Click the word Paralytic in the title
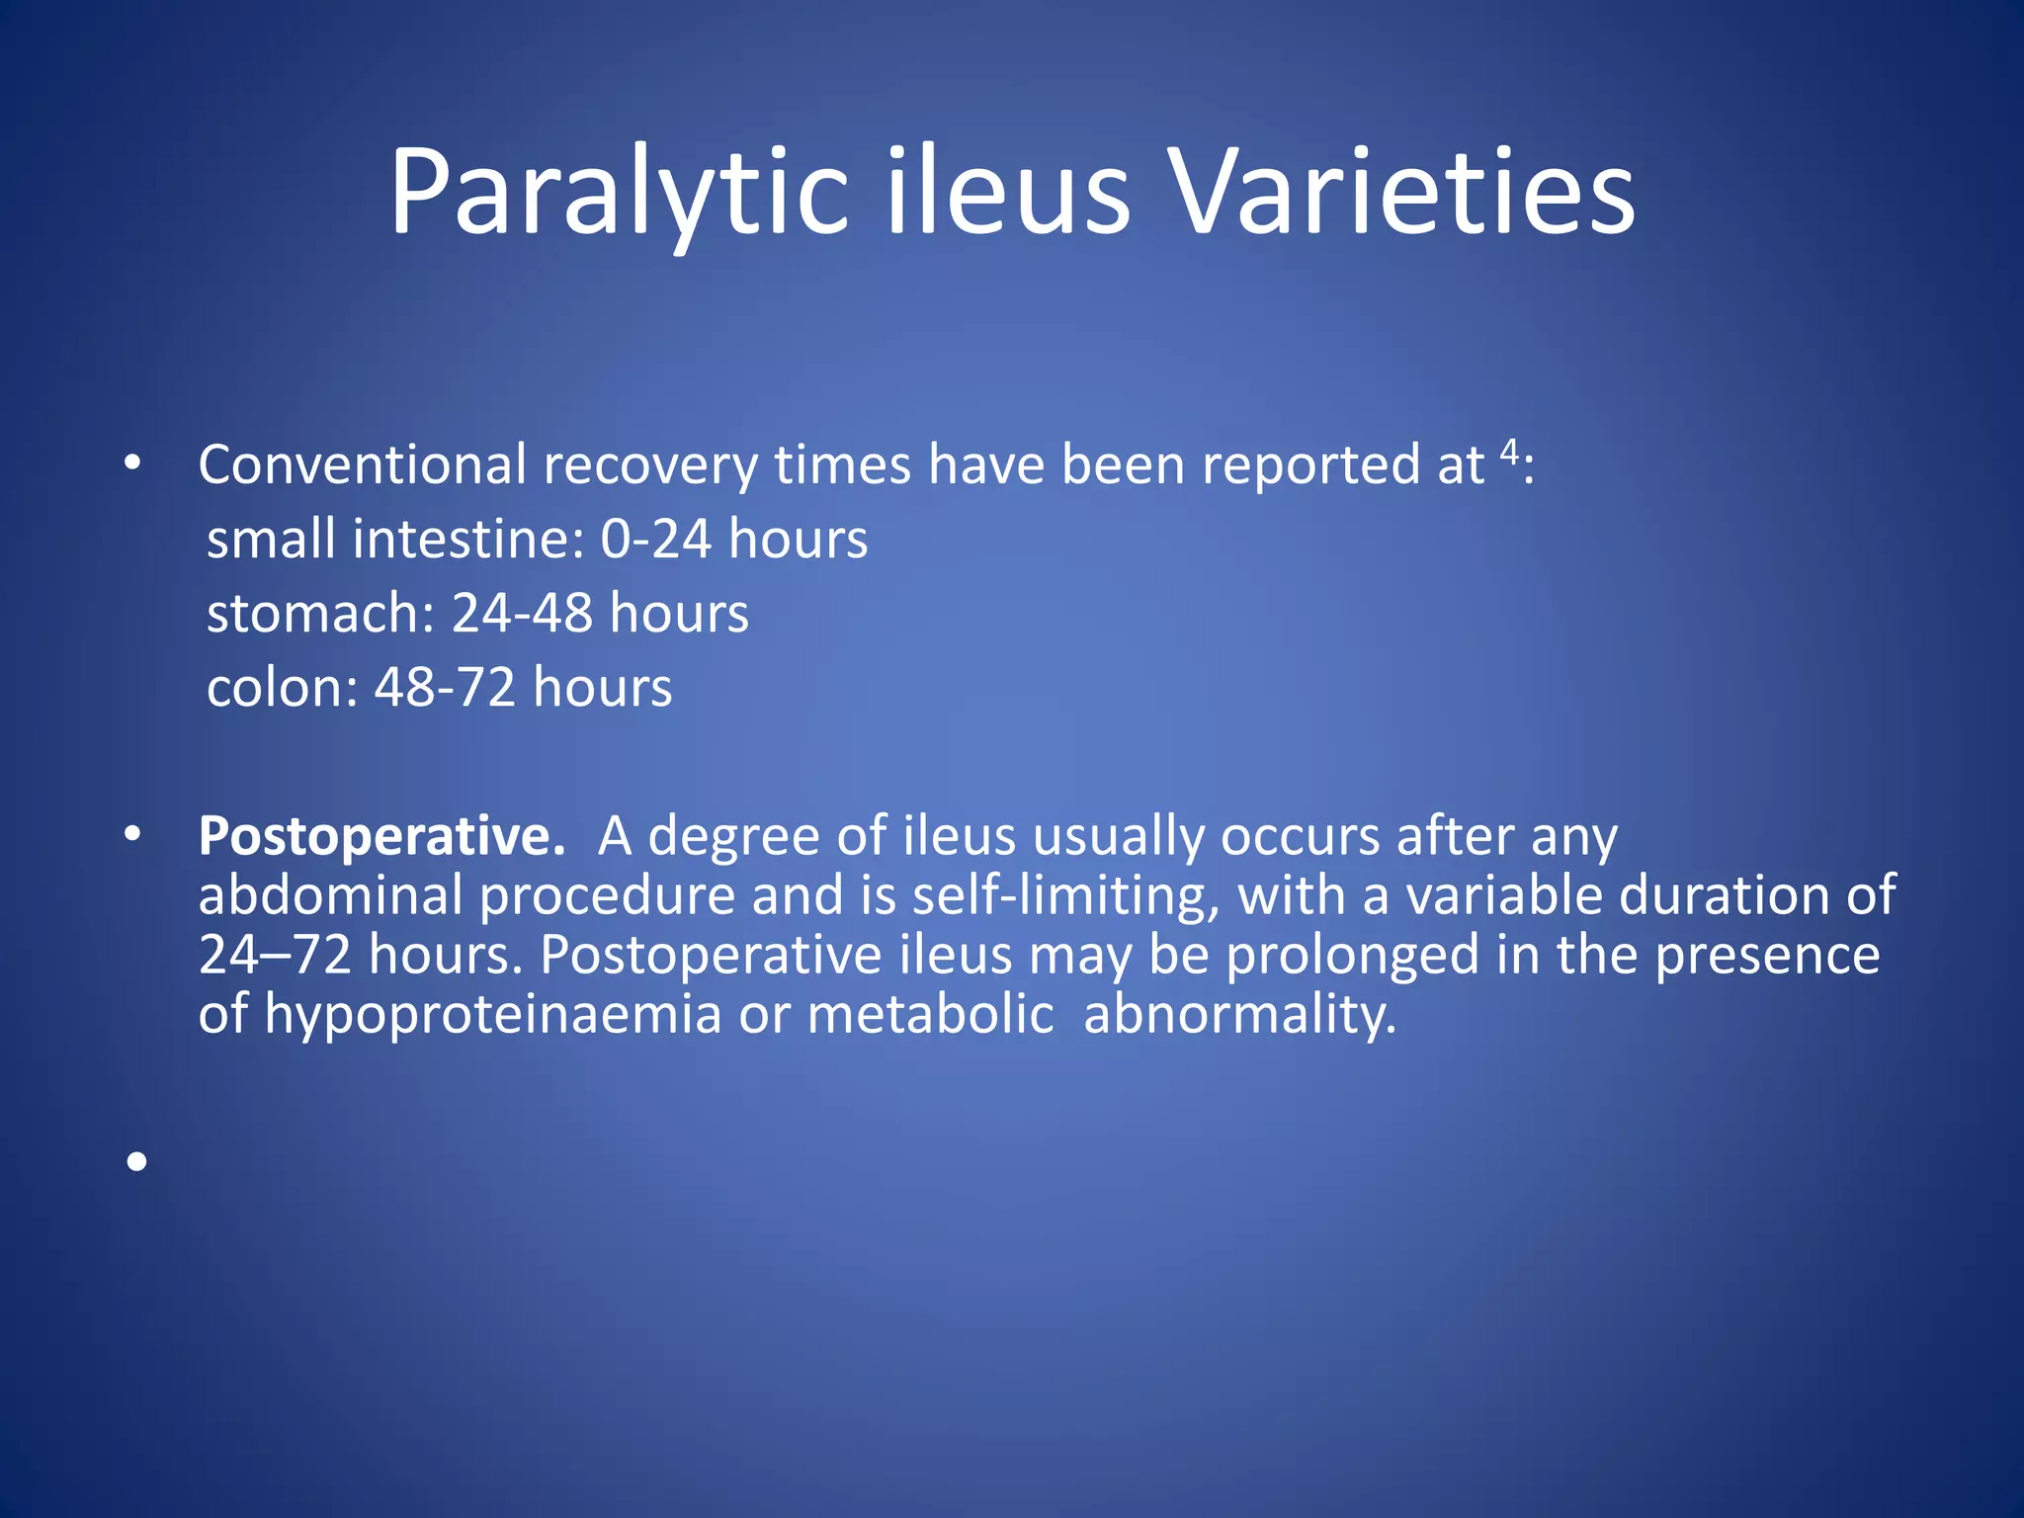point(619,192)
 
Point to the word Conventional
point(362,464)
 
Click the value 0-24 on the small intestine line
point(655,540)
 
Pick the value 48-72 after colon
point(445,688)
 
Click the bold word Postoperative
point(381,837)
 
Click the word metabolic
point(930,1015)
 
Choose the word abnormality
point(1239,1015)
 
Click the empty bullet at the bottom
point(136,1161)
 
